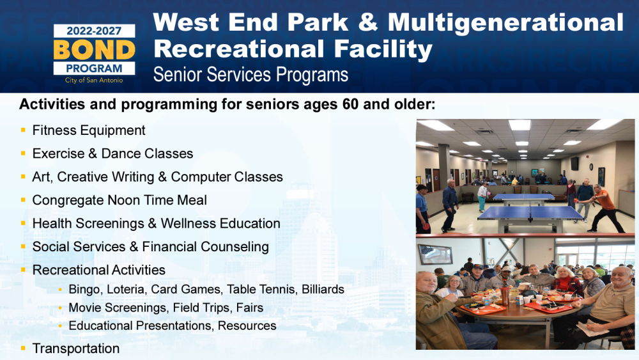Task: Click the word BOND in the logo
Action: point(94,50)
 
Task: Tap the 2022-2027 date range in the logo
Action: point(94,31)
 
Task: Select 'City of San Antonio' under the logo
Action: point(94,81)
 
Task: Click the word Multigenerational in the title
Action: point(505,23)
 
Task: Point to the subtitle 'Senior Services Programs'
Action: point(250,75)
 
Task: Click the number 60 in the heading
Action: point(350,104)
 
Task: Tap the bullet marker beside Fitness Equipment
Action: point(23,130)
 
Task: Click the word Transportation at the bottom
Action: point(76,348)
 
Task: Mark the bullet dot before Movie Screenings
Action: point(60,308)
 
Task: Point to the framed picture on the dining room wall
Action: point(435,254)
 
